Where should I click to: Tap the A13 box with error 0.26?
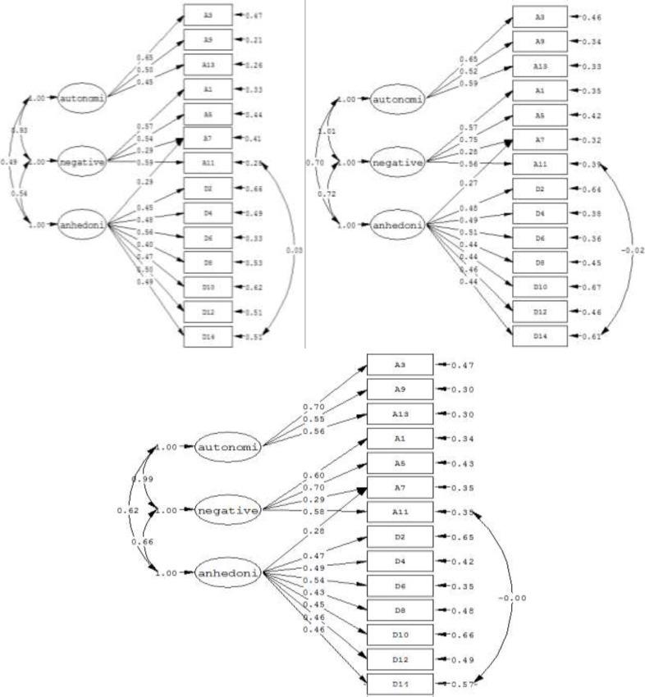pos(208,64)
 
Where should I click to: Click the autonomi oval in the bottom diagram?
pos(230,448)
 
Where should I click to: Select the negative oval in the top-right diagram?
pos(399,162)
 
